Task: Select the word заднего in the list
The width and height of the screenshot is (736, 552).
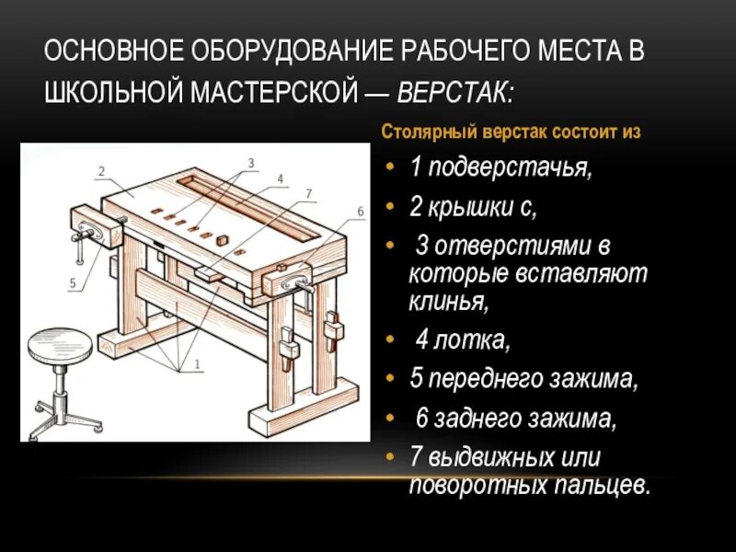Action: [x=473, y=419]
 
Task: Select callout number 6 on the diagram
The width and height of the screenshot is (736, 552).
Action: [x=361, y=212]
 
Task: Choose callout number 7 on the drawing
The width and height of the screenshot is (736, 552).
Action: [x=309, y=193]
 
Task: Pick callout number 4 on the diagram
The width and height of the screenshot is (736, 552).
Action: [x=280, y=178]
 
